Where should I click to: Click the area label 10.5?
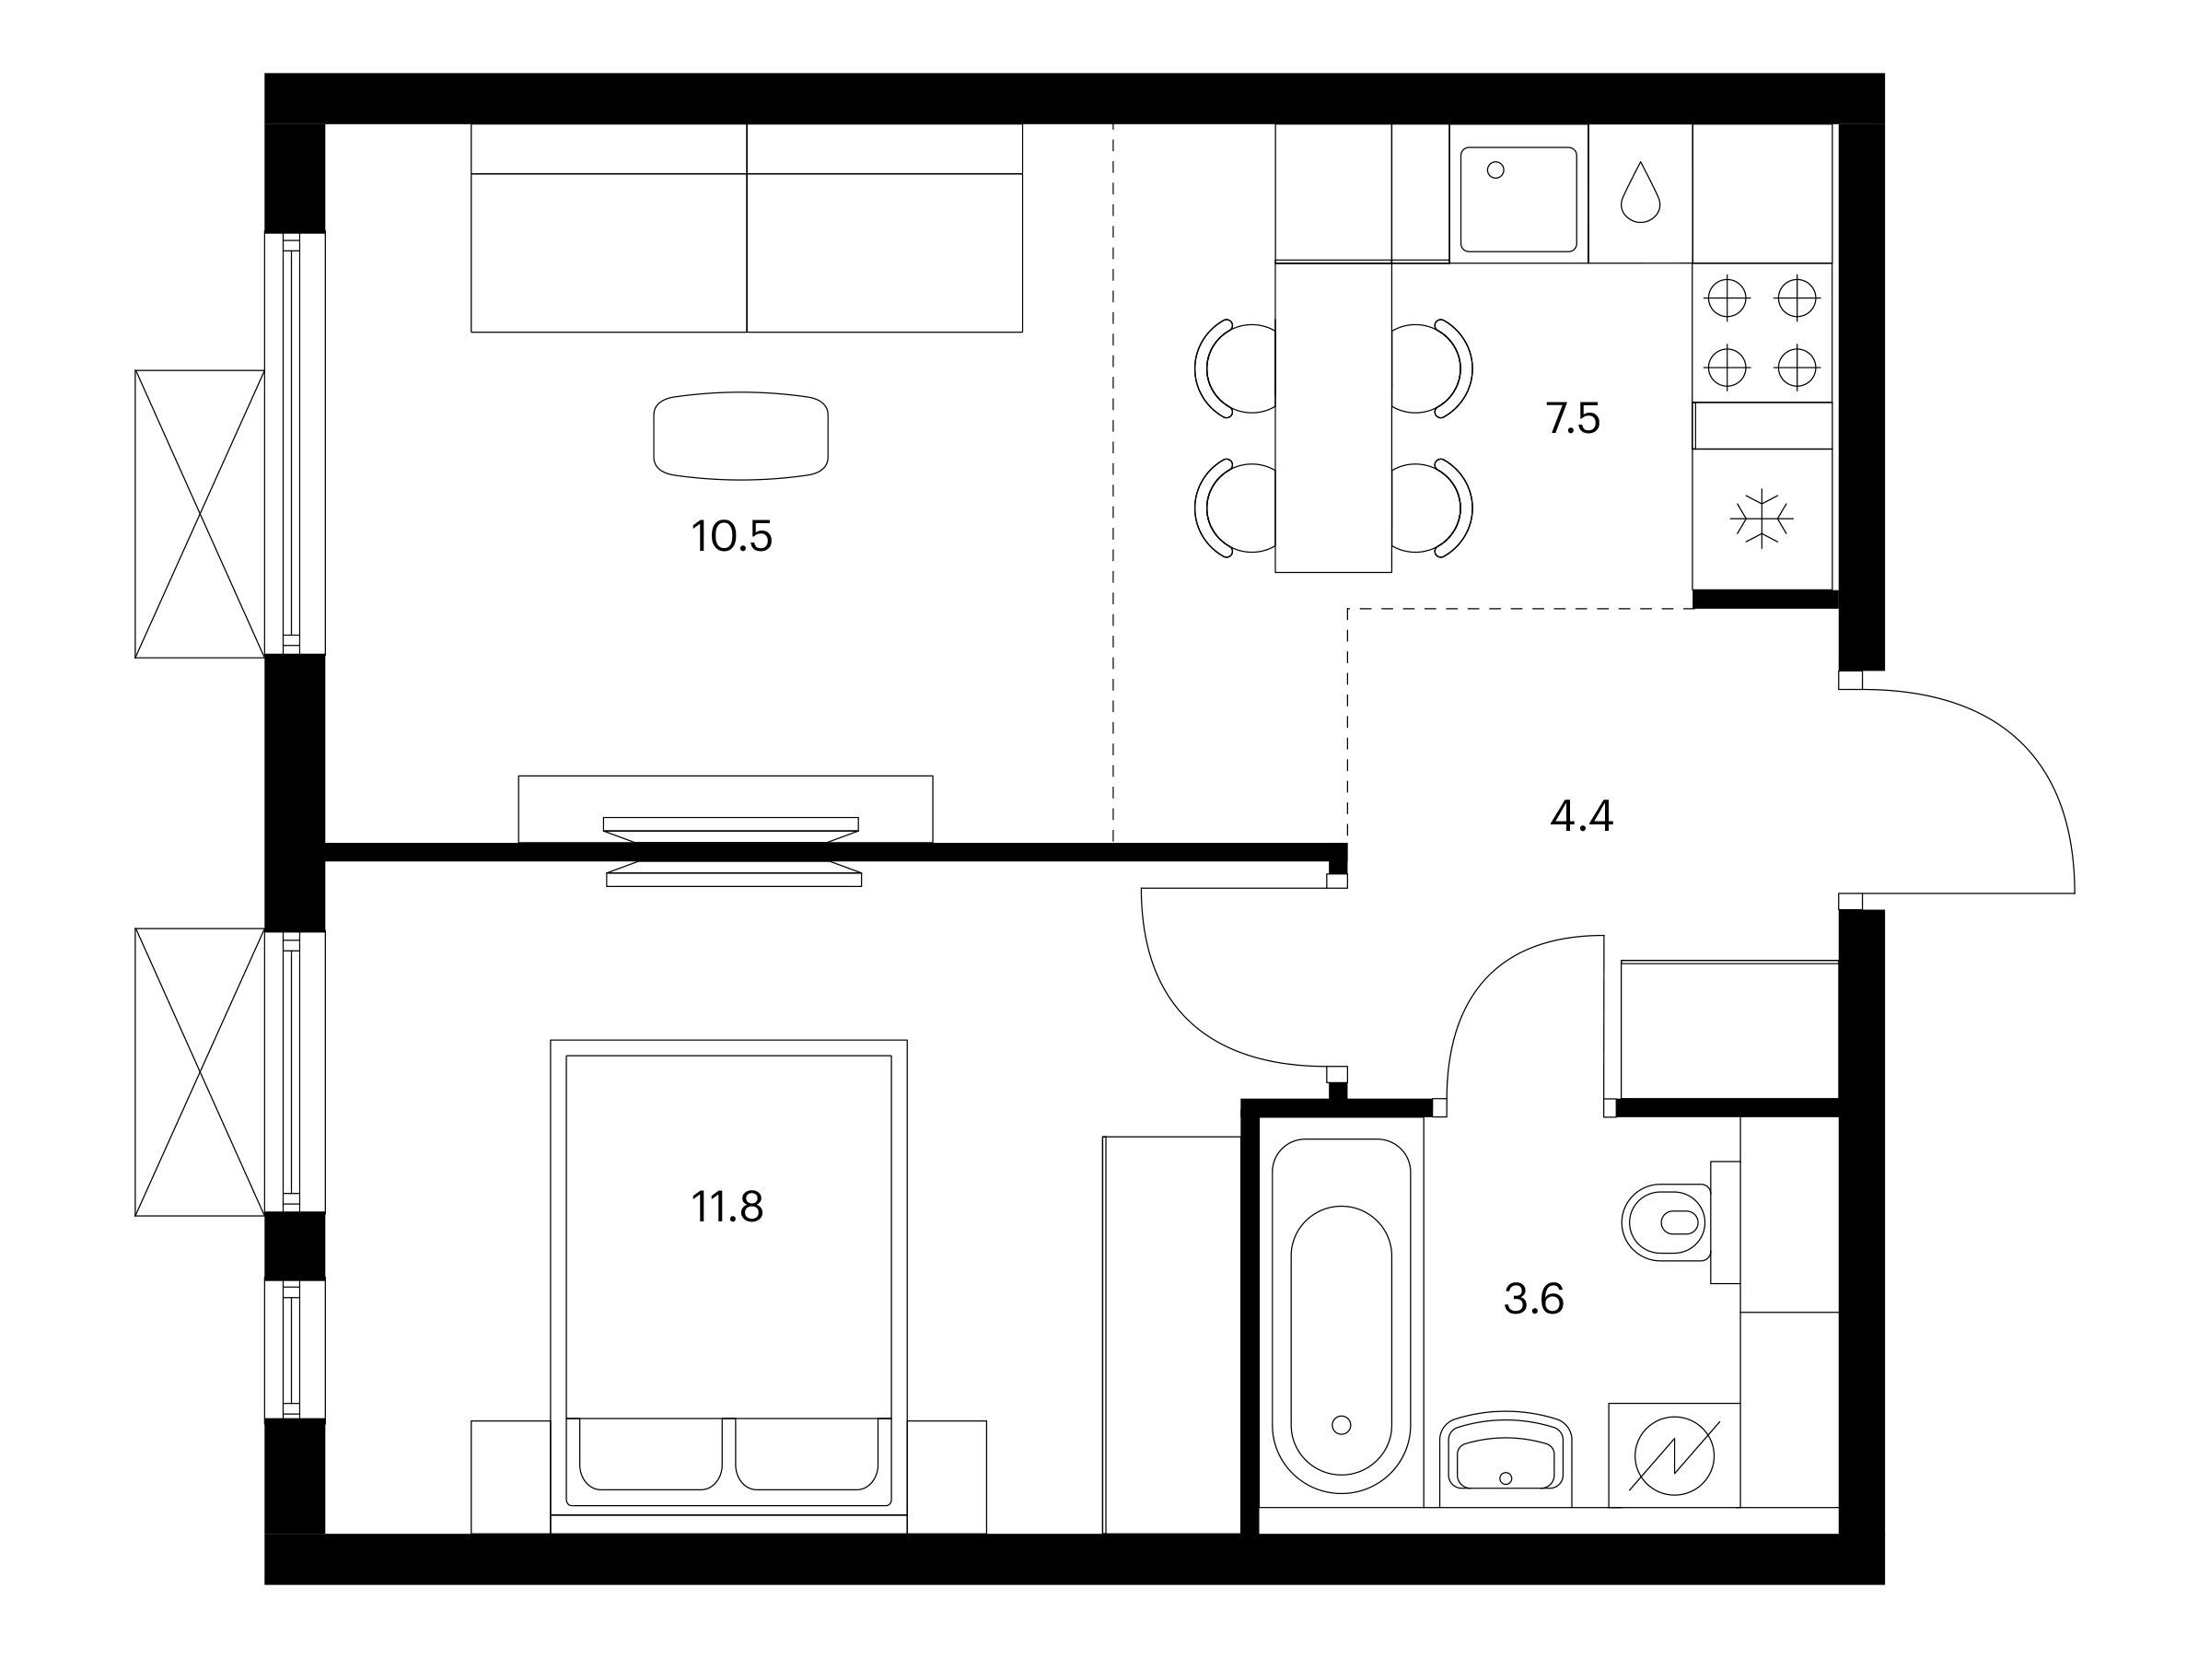click(x=731, y=538)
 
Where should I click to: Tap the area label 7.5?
click(x=1573, y=419)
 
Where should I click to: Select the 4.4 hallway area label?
click(x=1582, y=816)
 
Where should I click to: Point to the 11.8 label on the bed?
click(x=727, y=1208)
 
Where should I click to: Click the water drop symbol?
click(x=1641, y=193)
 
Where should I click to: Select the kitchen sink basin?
click(x=1518, y=199)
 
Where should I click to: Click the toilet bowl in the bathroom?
click(x=1667, y=1222)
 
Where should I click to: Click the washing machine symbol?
click(x=1674, y=1456)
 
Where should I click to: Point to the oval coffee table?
click(x=740, y=435)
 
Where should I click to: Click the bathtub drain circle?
click(x=1342, y=1424)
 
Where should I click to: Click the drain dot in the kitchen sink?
click(x=1495, y=169)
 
